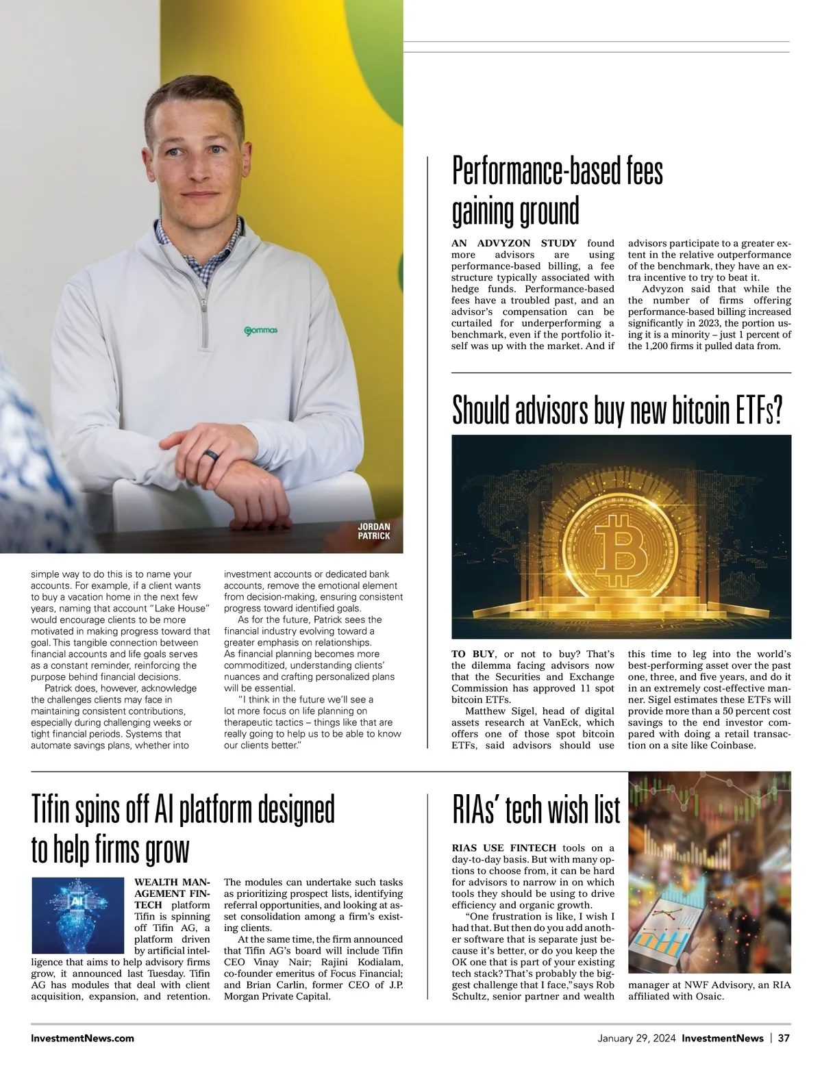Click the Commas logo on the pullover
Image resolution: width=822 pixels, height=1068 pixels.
(x=261, y=331)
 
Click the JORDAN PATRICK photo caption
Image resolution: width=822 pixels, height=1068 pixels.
(x=374, y=531)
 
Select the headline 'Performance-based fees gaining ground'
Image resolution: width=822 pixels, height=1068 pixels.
(x=557, y=191)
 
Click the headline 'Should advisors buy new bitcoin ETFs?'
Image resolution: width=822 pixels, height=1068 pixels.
(x=616, y=410)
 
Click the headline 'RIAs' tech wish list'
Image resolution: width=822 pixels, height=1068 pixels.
(x=536, y=811)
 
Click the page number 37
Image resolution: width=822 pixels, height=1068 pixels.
(x=784, y=1038)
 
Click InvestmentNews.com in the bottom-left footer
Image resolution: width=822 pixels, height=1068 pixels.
(x=82, y=1038)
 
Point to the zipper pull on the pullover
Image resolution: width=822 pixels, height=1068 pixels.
(x=203, y=301)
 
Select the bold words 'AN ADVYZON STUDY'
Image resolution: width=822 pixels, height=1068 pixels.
(x=514, y=243)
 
